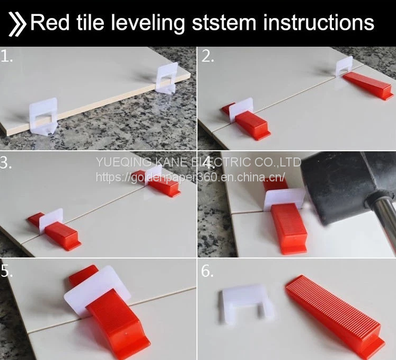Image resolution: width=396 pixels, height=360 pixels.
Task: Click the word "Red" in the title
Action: tap(50, 22)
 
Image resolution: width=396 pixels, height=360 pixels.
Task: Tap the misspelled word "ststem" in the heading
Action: tap(224, 23)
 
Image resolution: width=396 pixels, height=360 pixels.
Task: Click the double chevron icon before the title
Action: tap(17, 24)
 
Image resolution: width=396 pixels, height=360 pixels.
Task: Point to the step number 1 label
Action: tap(6, 56)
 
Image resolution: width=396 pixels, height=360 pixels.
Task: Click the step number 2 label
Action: tap(208, 56)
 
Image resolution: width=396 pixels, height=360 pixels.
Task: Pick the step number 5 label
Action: tap(6, 271)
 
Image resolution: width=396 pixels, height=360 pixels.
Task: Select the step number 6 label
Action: tap(207, 271)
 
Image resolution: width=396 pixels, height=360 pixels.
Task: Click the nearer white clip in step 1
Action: tap(43, 116)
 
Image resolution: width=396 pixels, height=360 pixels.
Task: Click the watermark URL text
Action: tap(190, 177)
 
